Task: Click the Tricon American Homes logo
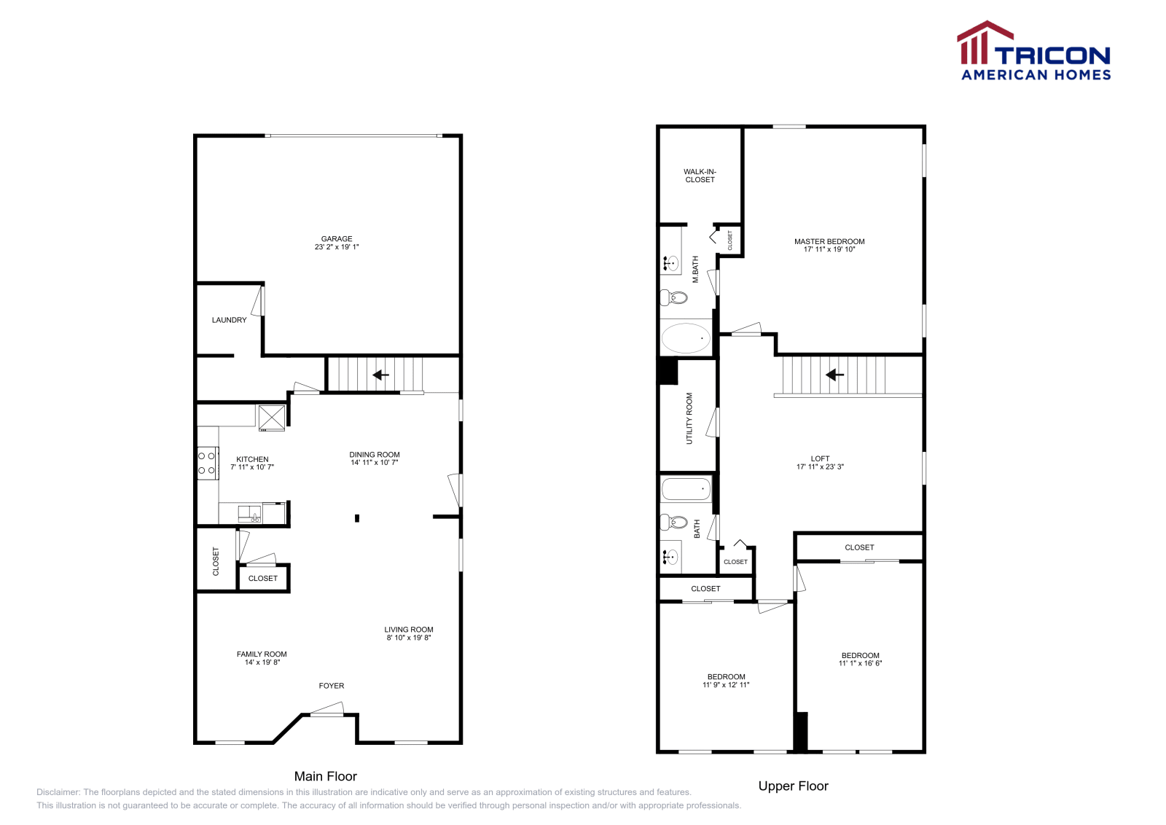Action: point(1034,51)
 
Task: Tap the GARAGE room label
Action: point(337,239)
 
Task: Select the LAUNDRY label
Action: point(229,320)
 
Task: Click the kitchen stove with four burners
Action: point(207,463)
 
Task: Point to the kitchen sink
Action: point(249,514)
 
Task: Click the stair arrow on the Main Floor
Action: point(380,375)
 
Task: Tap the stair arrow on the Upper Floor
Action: point(834,375)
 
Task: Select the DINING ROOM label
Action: point(375,455)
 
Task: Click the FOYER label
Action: point(332,686)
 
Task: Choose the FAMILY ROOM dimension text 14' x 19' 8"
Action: point(262,662)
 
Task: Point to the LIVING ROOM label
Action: point(409,630)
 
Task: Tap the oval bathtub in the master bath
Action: point(686,338)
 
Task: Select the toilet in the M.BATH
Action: point(674,297)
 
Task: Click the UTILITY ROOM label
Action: point(689,418)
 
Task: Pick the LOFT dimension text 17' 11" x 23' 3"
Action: point(820,467)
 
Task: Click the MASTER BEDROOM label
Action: point(829,241)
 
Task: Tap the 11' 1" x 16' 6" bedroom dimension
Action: point(860,664)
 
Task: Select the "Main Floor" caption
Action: point(325,776)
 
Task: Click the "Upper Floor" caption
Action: point(793,786)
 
